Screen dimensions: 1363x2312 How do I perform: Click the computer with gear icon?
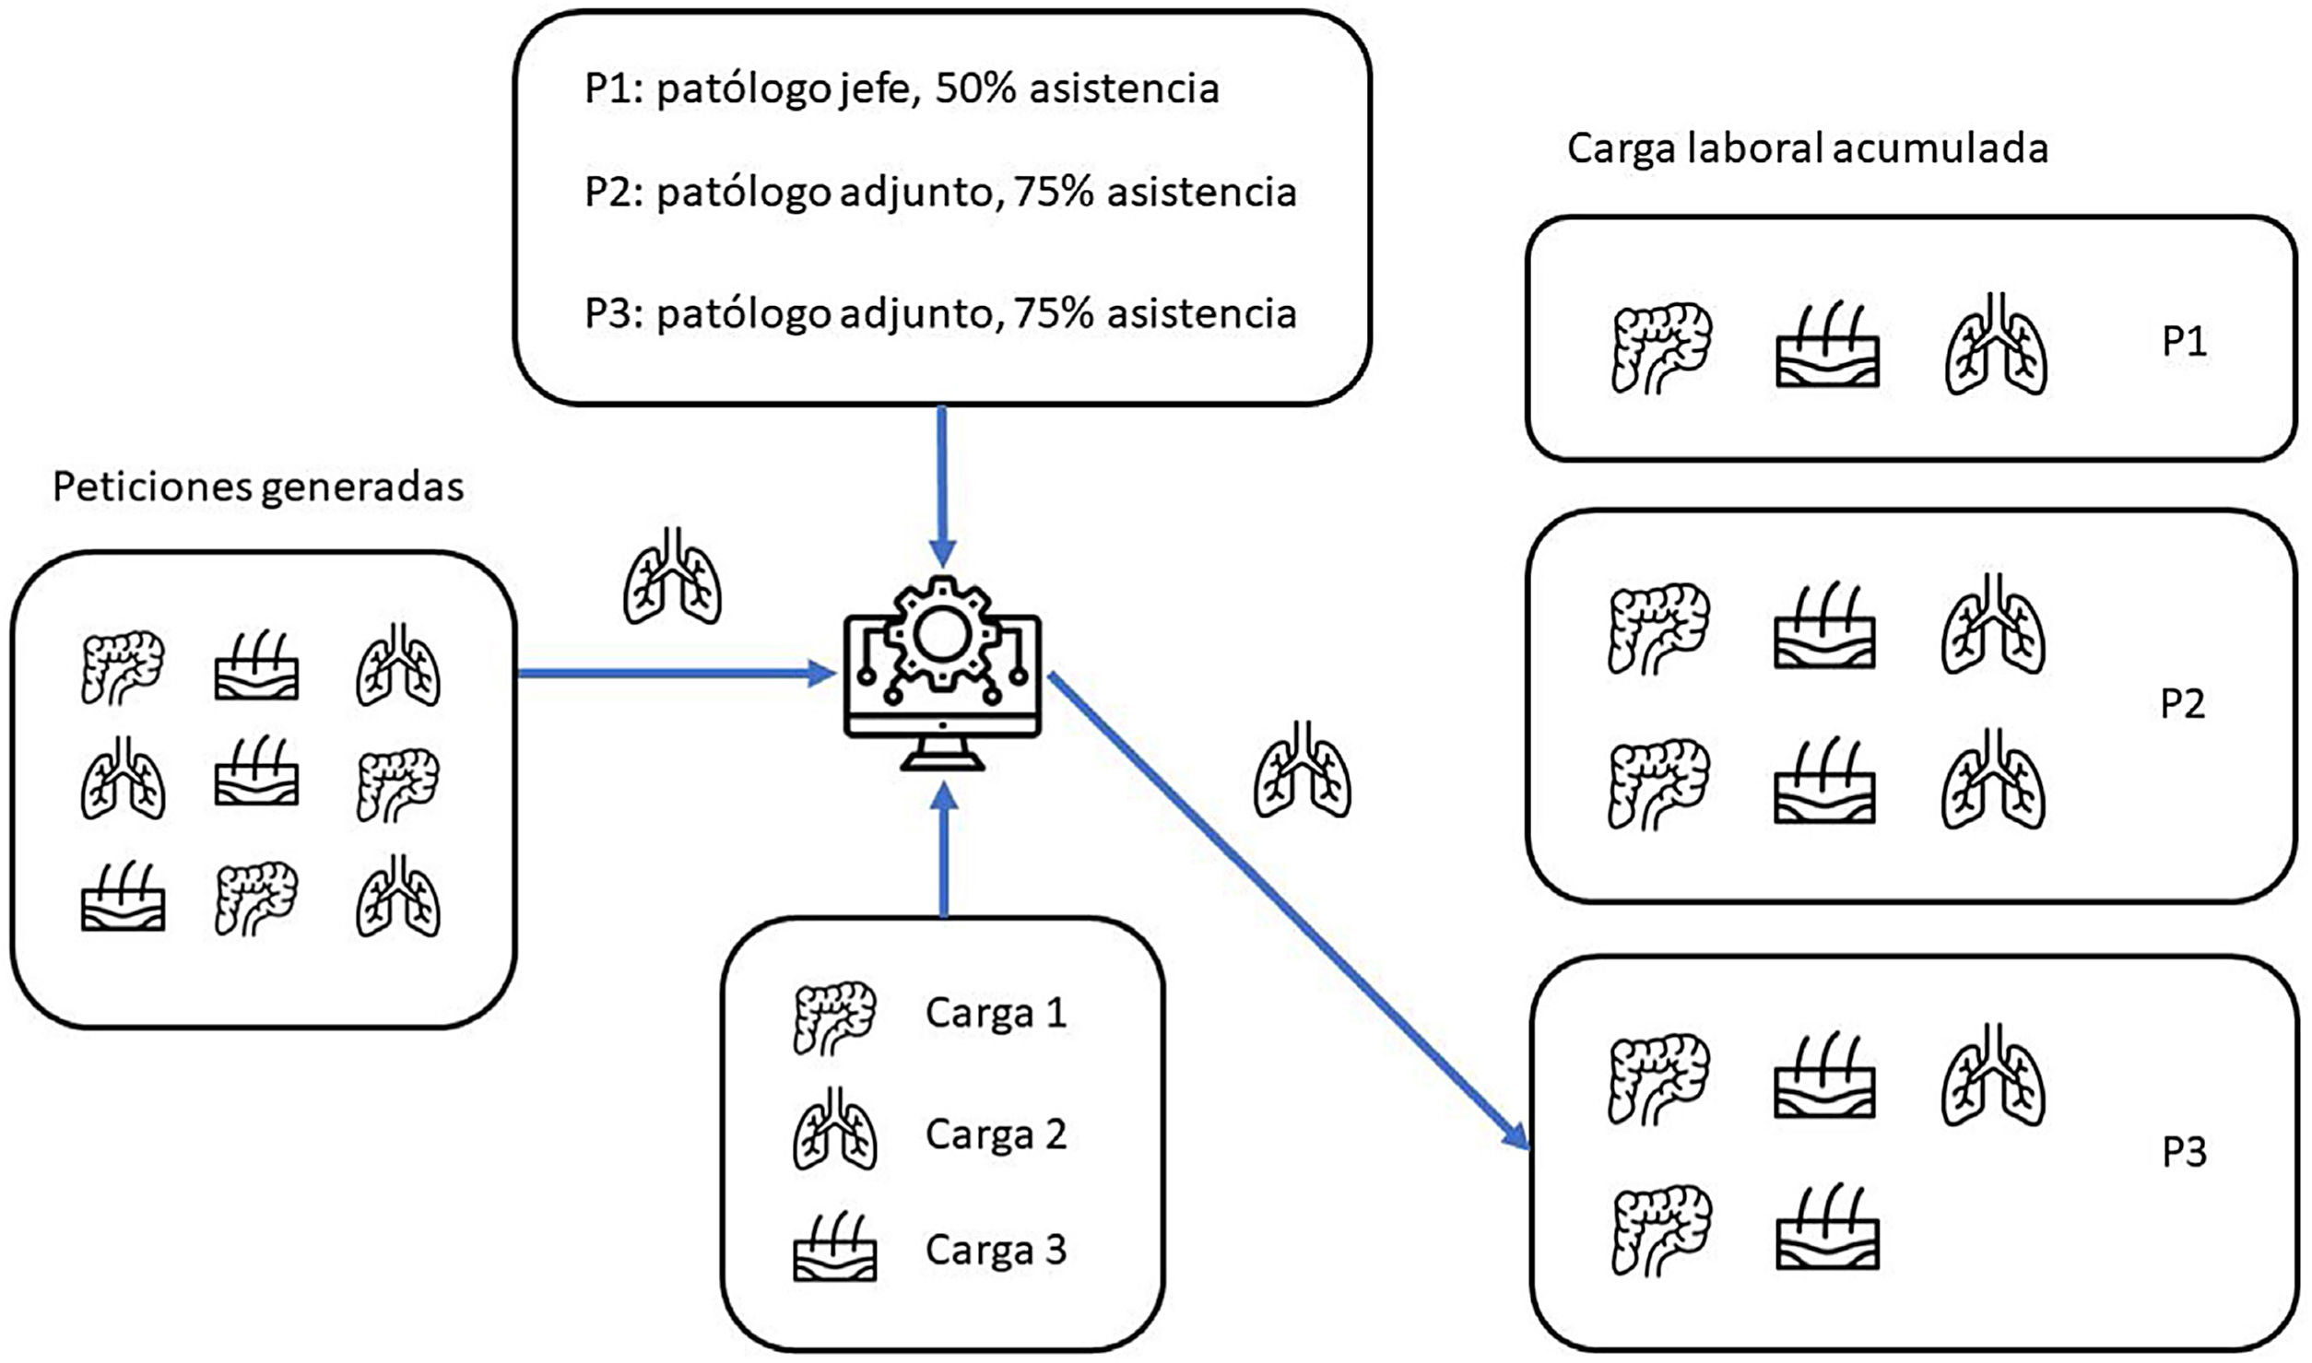pyautogui.click(x=942, y=672)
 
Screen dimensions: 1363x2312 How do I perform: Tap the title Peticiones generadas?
pyautogui.click(x=258, y=487)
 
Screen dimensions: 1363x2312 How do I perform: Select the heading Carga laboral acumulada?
pyautogui.click(x=1807, y=148)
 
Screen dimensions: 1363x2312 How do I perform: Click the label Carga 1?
pyautogui.click(x=996, y=1013)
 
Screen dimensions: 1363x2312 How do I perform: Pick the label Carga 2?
pyautogui.click(x=996, y=1134)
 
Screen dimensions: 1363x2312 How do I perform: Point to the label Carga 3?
pyautogui.click(x=996, y=1250)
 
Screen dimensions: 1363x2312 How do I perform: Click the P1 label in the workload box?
pyautogui.click(x=2184, y=342)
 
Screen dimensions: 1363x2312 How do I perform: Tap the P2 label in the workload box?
pyautogui.click(x=2182, y=704)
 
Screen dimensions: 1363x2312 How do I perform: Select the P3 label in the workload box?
pyautogui.click(x=2184, y=1152)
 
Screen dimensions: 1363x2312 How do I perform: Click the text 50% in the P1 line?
pyautogui.click(x=975, y=88)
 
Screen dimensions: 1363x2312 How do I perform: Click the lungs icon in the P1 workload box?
pyautogui.click(x=1996, y=345)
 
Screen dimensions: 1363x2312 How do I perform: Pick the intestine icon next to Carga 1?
pyautogui.click(x=834, y=1016)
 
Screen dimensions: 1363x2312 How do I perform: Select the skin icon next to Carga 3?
pyautogui.click(x=834, y=1249)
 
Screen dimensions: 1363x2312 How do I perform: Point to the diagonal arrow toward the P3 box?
pyautogui.click(x=1291, y=912)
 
